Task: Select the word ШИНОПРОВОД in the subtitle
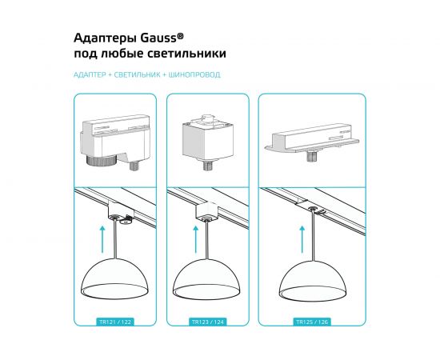[x=198, y=74]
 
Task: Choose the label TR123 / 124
[x=210, y=322]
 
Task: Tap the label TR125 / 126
[x=311, y=322]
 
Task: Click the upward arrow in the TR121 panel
[x=102, y=237]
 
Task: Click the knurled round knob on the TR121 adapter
[x=99, y=160]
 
